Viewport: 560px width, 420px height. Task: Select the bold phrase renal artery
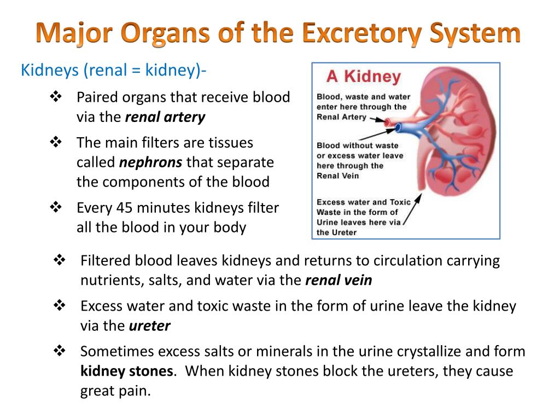165,117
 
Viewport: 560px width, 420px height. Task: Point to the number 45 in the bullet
124,208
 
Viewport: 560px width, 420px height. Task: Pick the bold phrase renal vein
339,281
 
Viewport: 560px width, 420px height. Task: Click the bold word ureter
150,326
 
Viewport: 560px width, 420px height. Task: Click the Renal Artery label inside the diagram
341,117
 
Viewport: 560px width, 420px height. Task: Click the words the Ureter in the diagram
337,232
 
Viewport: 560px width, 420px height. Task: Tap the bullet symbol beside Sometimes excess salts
60,351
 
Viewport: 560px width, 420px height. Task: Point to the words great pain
115,392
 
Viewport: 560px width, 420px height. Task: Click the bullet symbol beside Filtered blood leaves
60,260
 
